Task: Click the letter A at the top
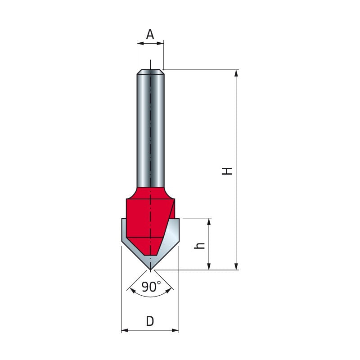(150, 34)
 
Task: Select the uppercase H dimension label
(228, 171)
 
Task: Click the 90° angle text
(151, 287)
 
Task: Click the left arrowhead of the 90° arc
(131, 290)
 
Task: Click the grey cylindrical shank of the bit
(150, 130)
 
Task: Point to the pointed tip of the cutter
(150, 270)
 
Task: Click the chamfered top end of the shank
(150, 71)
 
